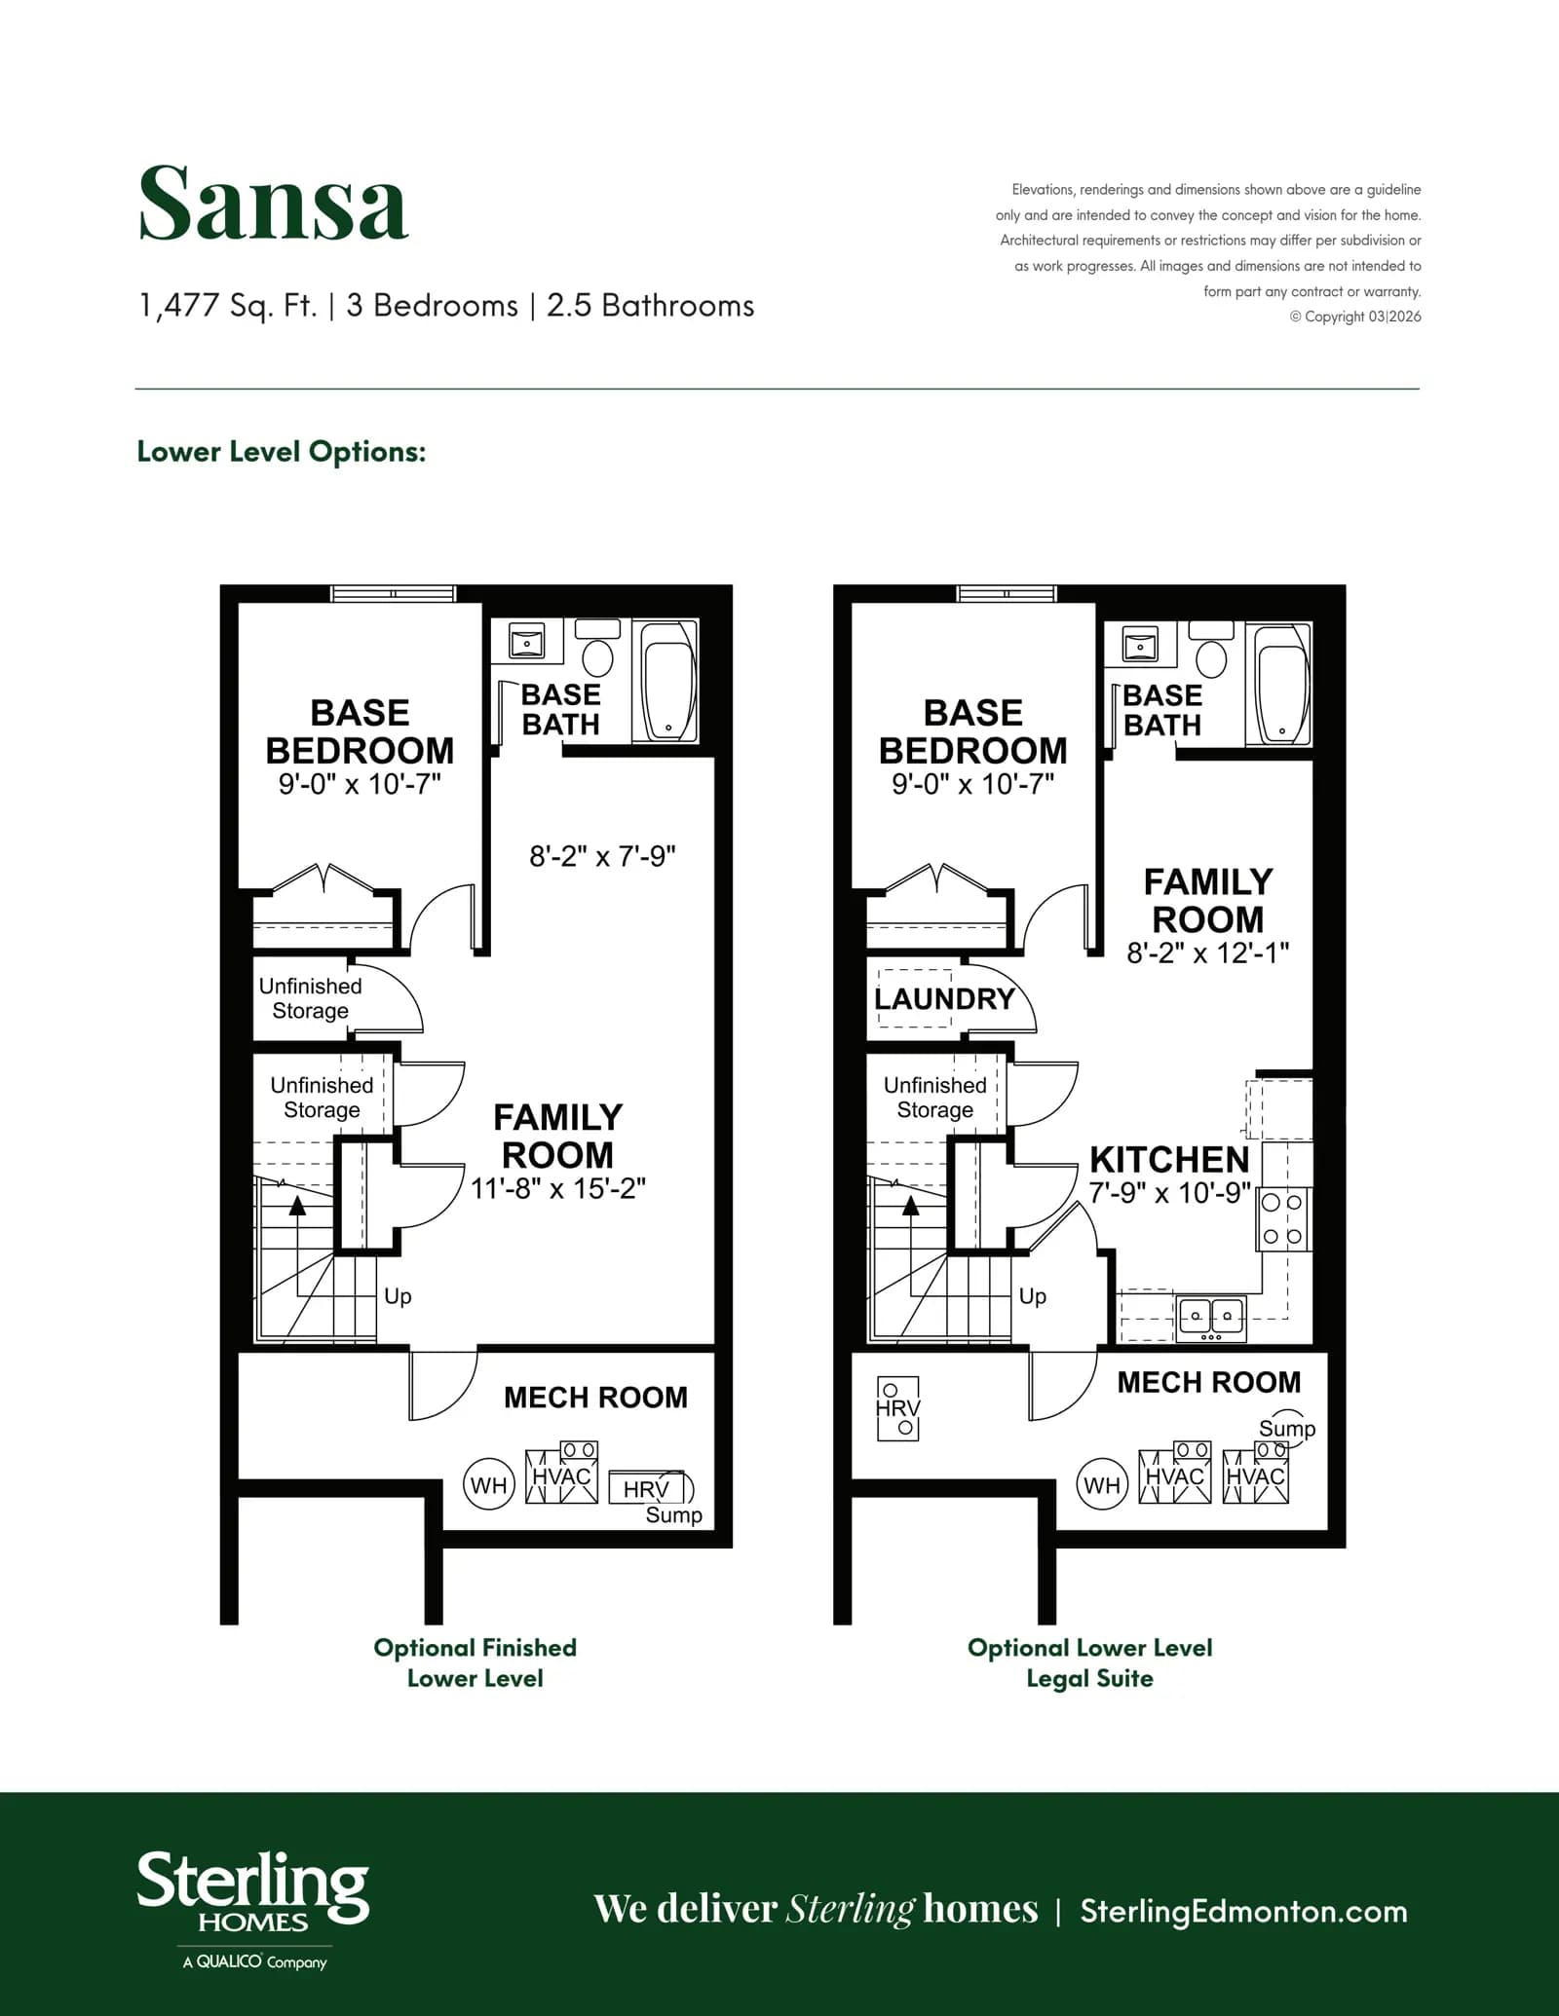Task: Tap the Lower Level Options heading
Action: [282, 452]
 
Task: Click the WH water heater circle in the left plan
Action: [488, 1485]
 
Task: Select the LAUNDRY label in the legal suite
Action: [944, 998]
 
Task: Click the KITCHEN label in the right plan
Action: [1169, 1160]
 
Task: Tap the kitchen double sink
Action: [1211, 1317]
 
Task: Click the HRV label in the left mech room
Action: [646, 1489]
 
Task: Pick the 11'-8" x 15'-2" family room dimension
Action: [558, 1189]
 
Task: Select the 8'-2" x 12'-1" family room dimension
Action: [1208, 952]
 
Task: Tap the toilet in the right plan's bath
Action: [1211, 652]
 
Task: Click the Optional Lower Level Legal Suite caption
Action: [1089, 1662]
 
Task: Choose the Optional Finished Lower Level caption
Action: [475, 1662]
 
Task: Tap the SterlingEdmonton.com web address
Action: [1243, 1911]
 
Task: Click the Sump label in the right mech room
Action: [1286, 1429]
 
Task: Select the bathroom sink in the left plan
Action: [527, 642]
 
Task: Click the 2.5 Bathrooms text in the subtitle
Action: [650, 306]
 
